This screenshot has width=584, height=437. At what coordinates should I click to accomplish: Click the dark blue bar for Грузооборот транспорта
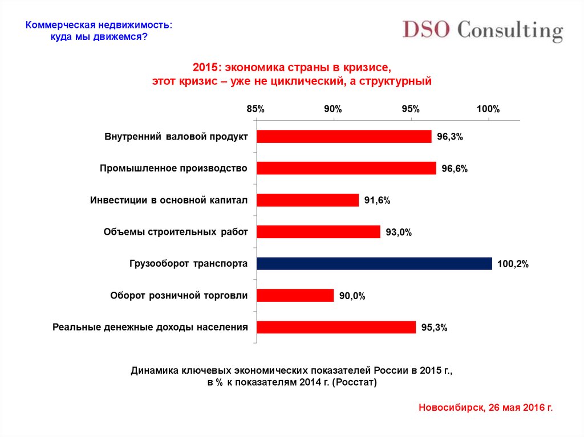coord(374,263)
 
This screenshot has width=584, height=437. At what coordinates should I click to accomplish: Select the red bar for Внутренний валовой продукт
coord(344,136)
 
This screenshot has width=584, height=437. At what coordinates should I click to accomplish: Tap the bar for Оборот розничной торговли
coord(295,295)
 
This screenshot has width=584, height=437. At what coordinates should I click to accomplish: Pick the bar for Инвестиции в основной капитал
coord(307,200)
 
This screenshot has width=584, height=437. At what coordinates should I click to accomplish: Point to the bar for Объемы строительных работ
coord(318,231)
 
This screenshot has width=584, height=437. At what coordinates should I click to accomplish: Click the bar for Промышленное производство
coord(346,168)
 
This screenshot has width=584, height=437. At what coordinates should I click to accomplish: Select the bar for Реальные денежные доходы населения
coord(336,327)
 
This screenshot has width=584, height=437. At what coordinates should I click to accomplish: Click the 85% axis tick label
coord(255,109)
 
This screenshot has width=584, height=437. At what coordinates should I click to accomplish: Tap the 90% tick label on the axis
coord(332,109)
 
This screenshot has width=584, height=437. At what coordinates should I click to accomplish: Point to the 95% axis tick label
coord(410,109)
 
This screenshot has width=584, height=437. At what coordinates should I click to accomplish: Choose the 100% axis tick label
coord(488,109)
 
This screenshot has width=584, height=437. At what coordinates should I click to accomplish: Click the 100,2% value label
coord(513,264)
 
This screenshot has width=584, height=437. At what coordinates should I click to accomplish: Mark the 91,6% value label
coord(377,201)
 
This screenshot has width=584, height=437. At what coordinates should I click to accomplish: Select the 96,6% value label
coord(454,169)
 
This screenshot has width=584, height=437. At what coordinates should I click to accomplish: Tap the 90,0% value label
coord(351,296)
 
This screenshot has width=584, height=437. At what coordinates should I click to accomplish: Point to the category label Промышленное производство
coord(173,168)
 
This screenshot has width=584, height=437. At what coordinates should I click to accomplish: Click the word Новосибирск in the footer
coord(450,408)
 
